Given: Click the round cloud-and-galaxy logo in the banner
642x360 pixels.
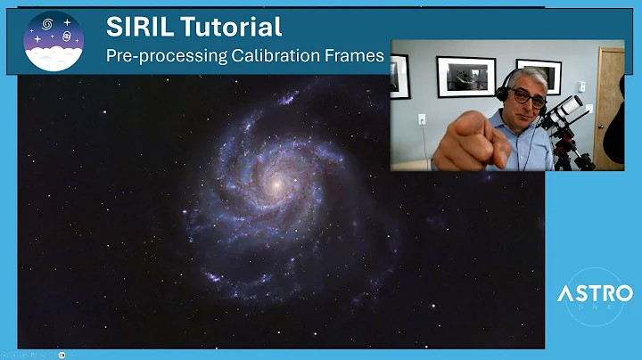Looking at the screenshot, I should click(53, 41).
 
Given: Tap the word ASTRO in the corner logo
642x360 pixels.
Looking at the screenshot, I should click(595, 292).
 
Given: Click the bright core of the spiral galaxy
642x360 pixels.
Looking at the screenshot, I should click(277, 184).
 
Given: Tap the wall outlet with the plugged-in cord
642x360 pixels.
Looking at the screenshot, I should click(422, 119).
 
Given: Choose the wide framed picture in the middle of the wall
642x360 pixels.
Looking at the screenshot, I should click(466, 77).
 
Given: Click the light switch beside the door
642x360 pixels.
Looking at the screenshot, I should click(583, 87).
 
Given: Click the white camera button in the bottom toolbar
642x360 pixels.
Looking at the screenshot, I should click(62, 354).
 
